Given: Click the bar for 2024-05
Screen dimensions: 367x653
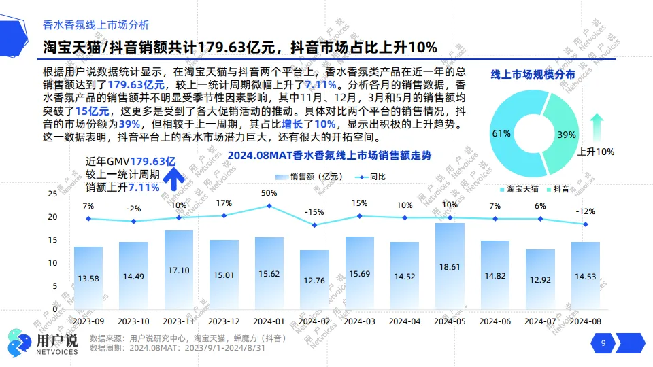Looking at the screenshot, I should click(x=450, y=265).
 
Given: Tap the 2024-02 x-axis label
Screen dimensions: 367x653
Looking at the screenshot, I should click(x=314, y=321).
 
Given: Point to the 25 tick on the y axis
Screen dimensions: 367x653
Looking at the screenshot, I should click(x=52, y=194).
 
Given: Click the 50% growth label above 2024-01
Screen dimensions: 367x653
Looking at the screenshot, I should click(x=269, y=193).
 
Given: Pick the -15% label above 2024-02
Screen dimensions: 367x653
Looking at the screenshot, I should click(x=314, y=212).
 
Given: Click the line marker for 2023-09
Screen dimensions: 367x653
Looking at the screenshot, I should click(x=88, y=219).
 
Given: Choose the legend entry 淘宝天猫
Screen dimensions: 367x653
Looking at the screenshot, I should click(x=518, y=188).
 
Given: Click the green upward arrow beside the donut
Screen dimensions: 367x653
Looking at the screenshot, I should click(x=597, y=128).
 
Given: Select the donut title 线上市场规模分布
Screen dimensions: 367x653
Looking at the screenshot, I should click(x=533, y=74).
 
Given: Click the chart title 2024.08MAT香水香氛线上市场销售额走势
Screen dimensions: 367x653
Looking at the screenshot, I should click(x=329, y=156).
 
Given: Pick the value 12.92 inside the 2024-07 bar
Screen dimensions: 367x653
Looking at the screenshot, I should click(x=540, y=279).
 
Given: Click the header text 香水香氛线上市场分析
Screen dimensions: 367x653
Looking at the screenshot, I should click(x=96, y=25).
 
